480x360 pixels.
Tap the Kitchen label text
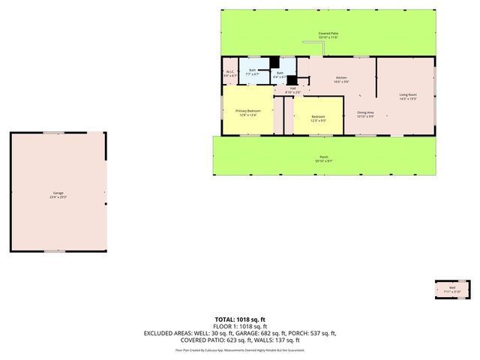pos(341,78)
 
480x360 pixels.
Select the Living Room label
pos(407,94)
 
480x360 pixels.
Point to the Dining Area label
pos(365,112)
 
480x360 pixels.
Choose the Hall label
pos(293,88)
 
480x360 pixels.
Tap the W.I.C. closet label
pos(229,72)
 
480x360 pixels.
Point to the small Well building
pos(452,289)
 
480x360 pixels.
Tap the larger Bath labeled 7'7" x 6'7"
pos(253,72)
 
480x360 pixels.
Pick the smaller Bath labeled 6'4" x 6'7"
pos(280,74)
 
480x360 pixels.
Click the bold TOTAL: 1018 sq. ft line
pos(241,319)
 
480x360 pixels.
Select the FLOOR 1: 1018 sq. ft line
pos(241,326)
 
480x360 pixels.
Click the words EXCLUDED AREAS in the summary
pos(167,333)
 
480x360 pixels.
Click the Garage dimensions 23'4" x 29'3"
pos(57,197)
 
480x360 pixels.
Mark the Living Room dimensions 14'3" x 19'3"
pos(407,98)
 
